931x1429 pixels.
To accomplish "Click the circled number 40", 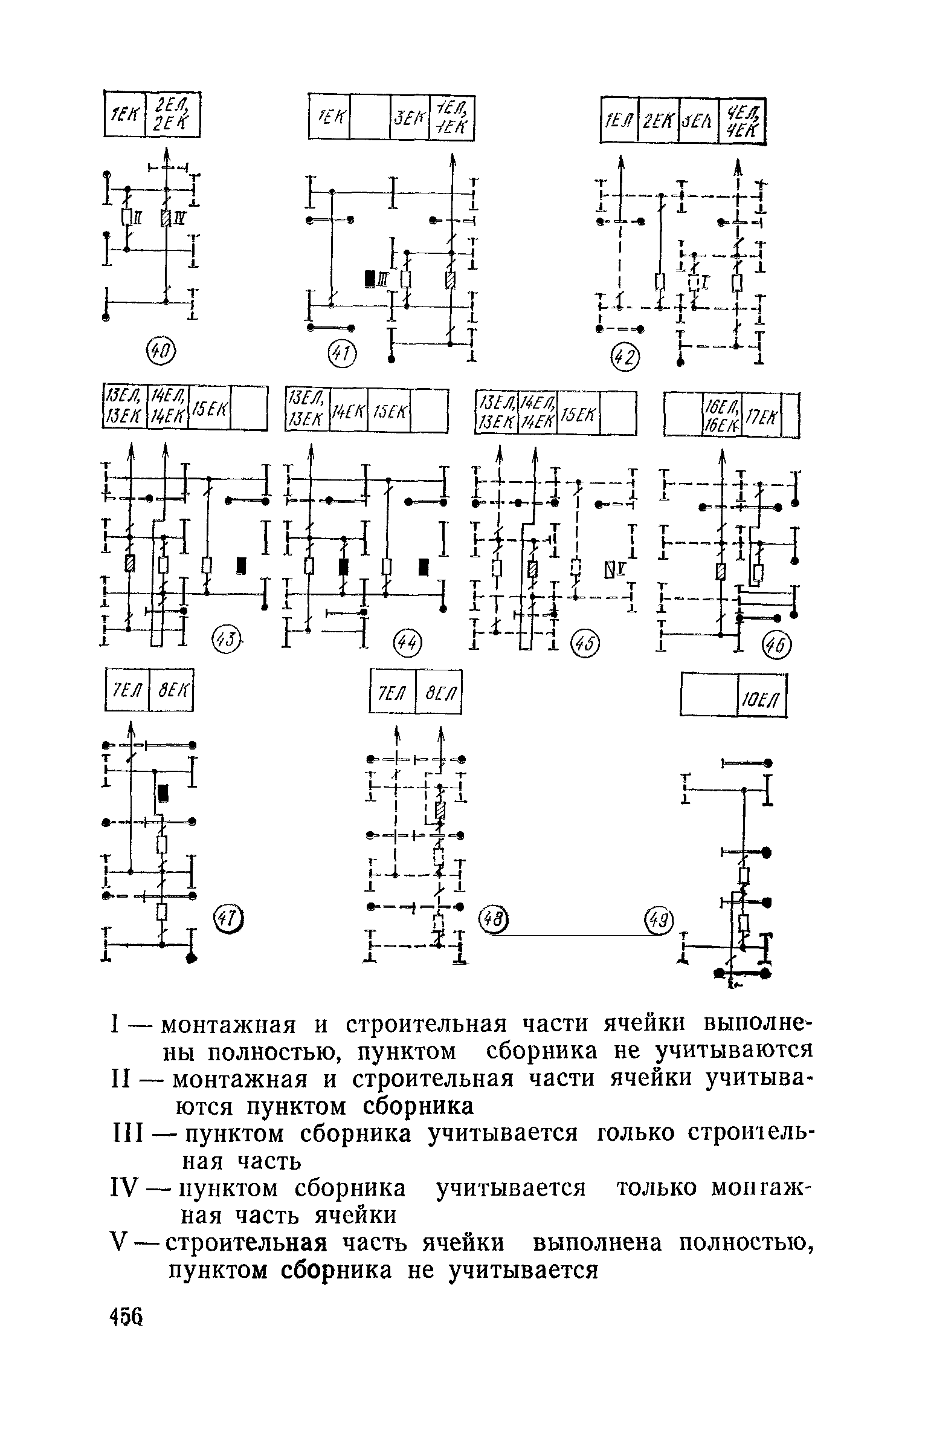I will pos(161,351).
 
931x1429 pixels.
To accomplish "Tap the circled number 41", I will pos(342,354).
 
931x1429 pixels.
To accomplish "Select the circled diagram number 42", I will pos(625,358).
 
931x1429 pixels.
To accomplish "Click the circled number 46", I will pos(775,647).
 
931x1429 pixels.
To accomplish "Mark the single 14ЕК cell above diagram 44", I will pos(349,410).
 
